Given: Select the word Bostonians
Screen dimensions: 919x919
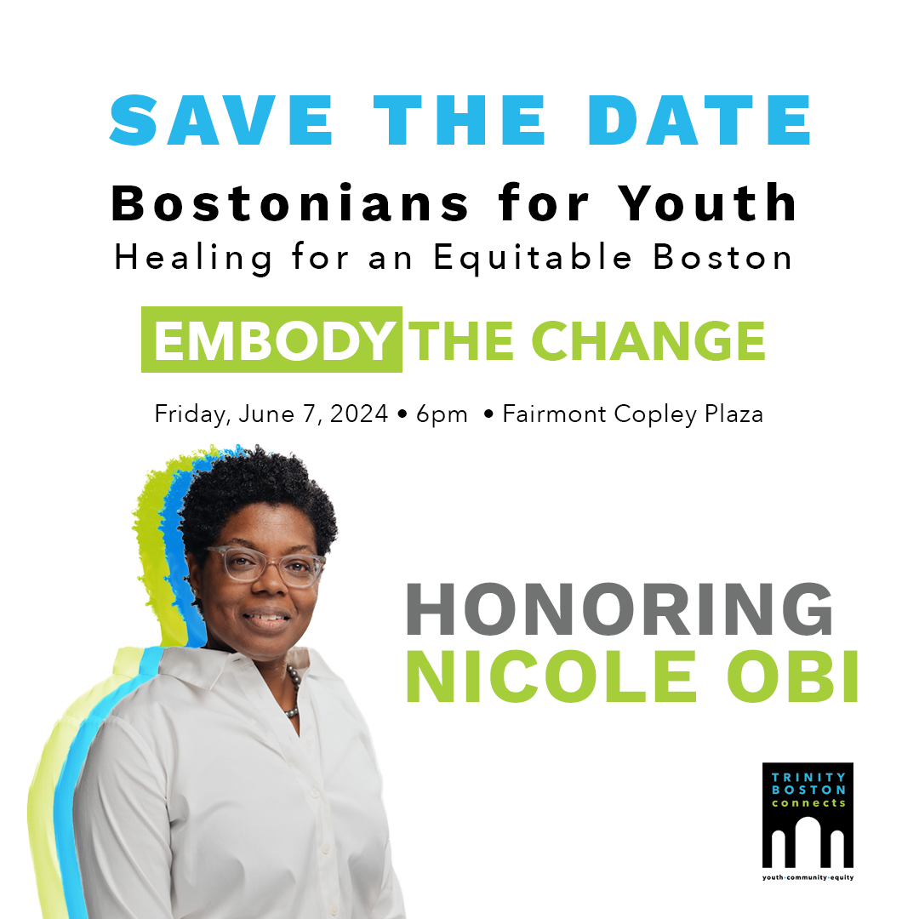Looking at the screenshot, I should pyautogui.click(x=290, y=204).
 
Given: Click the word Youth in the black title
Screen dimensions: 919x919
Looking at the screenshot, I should pyautogui.click(x=709, y=204).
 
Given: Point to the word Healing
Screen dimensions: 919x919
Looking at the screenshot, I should pyautogui.click(x=194, y=258).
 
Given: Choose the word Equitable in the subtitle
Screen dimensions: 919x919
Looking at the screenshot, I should pyautogui.click(x=534, y=258).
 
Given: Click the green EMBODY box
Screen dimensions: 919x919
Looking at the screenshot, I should pyautogui.click(x=272, y=340).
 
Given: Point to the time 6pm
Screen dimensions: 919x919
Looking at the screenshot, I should pyautogui.click(x=442, y=414).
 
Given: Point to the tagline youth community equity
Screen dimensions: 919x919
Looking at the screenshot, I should pyautogui.click(x=808, y=876).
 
